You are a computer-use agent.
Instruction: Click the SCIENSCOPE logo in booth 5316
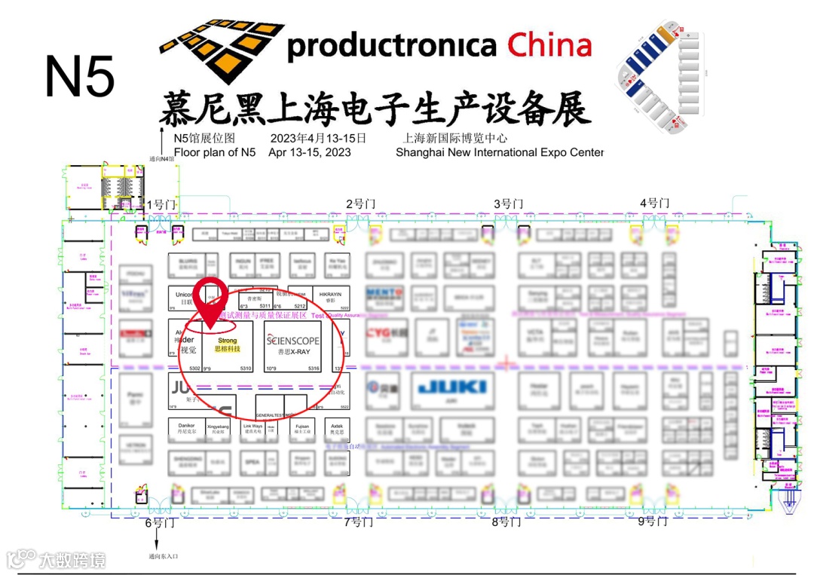293,341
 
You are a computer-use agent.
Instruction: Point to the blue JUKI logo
452,387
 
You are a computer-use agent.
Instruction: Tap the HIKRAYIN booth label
331,292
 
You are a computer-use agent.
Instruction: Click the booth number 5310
246,369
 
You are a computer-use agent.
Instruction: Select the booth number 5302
195,369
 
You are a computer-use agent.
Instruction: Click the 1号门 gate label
160,204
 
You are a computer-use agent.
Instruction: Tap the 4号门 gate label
653,203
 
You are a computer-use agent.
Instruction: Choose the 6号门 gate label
160,522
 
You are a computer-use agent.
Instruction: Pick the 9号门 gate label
653,521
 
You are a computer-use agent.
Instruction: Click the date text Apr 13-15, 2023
310,152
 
